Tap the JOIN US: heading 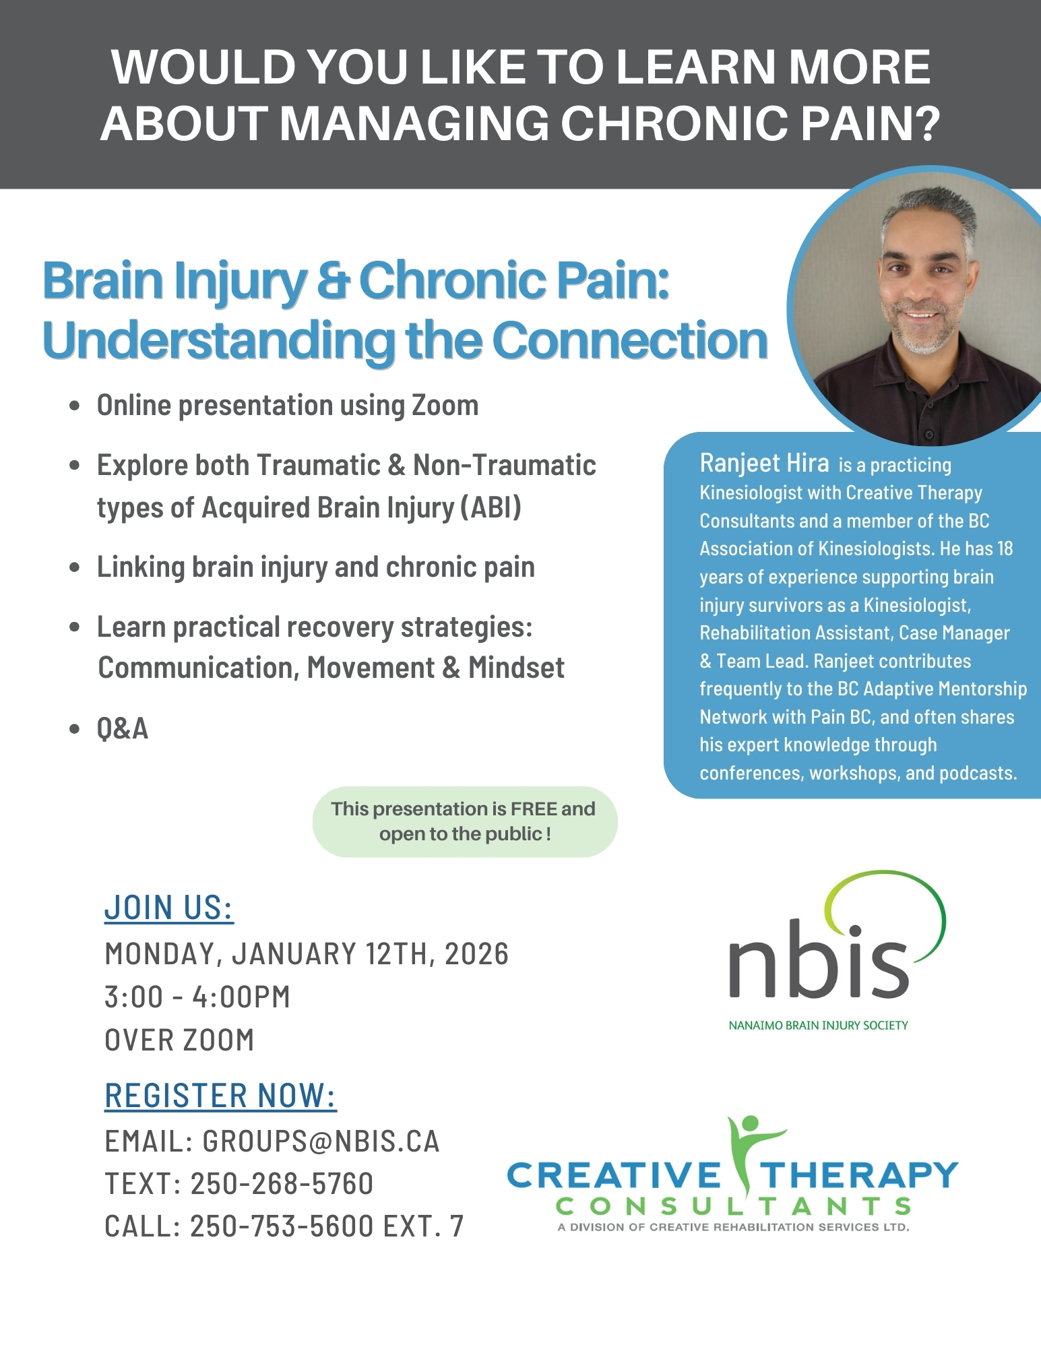click(168, 908)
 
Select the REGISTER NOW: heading click(220, 1096)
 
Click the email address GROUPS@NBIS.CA click(321, 1141)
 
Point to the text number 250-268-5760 click(282, 1184)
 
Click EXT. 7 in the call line click(423, 1226)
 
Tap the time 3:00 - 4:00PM click(197, 997)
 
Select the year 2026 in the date click(476, 954)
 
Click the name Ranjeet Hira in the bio click(764, 464)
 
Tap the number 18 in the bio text click(1005, 549)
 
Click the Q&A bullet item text click(122, 729)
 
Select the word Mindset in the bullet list click(516, 668)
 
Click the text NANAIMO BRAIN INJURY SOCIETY click(818, 1026)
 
